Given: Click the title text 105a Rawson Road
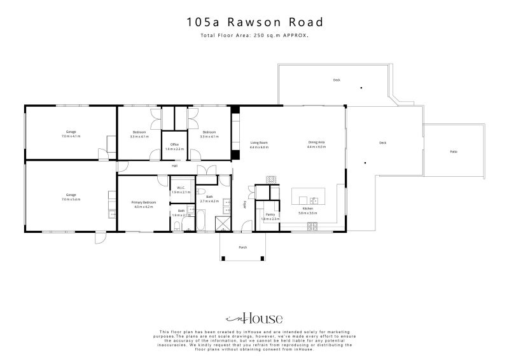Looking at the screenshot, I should point(254,22).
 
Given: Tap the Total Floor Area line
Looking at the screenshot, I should point(254,36).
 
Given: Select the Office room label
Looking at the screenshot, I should point(174,144).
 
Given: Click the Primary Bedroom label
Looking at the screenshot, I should point(143,202).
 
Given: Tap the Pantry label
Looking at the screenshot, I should point(270,215).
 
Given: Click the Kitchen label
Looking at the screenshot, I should point(307,209).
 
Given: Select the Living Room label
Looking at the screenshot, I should point(258,142).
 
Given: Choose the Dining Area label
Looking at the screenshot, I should point(316,142).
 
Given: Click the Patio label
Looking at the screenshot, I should point(453,151).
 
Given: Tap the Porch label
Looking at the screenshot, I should point(242,247).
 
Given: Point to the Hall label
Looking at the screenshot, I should point(174,166).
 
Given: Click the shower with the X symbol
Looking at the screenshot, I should point(225,223).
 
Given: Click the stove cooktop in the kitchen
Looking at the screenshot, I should point(312,226).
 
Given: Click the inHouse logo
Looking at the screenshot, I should point(254,319).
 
